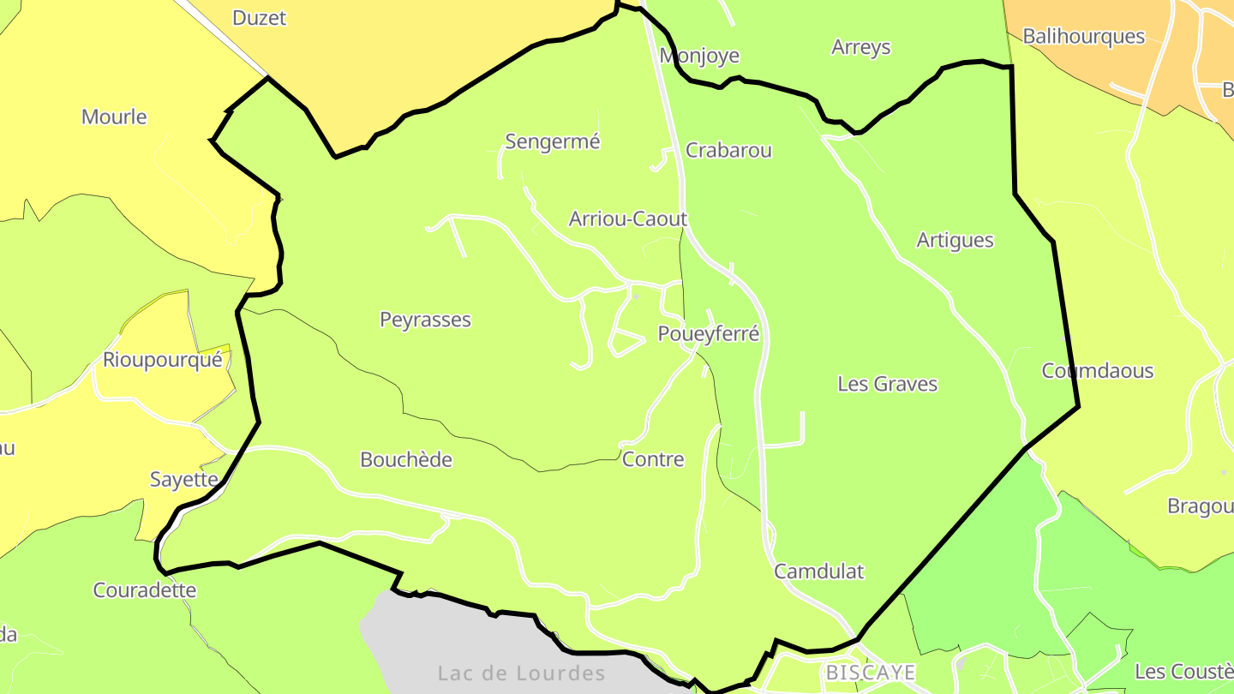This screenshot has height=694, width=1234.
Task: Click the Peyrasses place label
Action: [x=425, y=320]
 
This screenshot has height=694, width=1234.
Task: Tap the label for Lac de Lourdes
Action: [x=521, y=673]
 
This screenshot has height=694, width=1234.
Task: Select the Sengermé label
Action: [x=552, y=141]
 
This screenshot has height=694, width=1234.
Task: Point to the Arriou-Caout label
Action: [x=627, y=218]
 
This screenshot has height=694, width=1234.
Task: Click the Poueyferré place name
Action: [x=708, y=333]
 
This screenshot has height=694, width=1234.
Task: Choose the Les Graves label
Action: [x=887, y=384]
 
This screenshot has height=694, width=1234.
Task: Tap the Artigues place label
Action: [x=955, y=240]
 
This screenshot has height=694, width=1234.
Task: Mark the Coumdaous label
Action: [x=1097, y=371]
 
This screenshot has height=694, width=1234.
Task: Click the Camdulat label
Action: [x=818, y=571]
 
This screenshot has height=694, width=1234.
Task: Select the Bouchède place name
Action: [x=405, y=459]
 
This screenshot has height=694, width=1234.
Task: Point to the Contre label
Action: [x=653, y=459]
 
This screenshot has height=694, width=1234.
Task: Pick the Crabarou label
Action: [x=728, y=150]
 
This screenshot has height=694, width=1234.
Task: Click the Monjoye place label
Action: [x=698, y=56]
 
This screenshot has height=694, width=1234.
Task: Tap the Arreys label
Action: [x=860, y=47]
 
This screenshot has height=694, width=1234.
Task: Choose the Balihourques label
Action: [x=1083, y=36]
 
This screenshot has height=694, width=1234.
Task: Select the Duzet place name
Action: [x=259, y=18]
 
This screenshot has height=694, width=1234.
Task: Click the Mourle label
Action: [x=114, y=117]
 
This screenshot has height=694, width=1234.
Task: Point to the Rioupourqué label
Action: [x=162, y=360]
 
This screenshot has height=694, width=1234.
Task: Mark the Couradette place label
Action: [x=144, y=590]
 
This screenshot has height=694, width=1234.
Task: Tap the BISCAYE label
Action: [x=871, y=673]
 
